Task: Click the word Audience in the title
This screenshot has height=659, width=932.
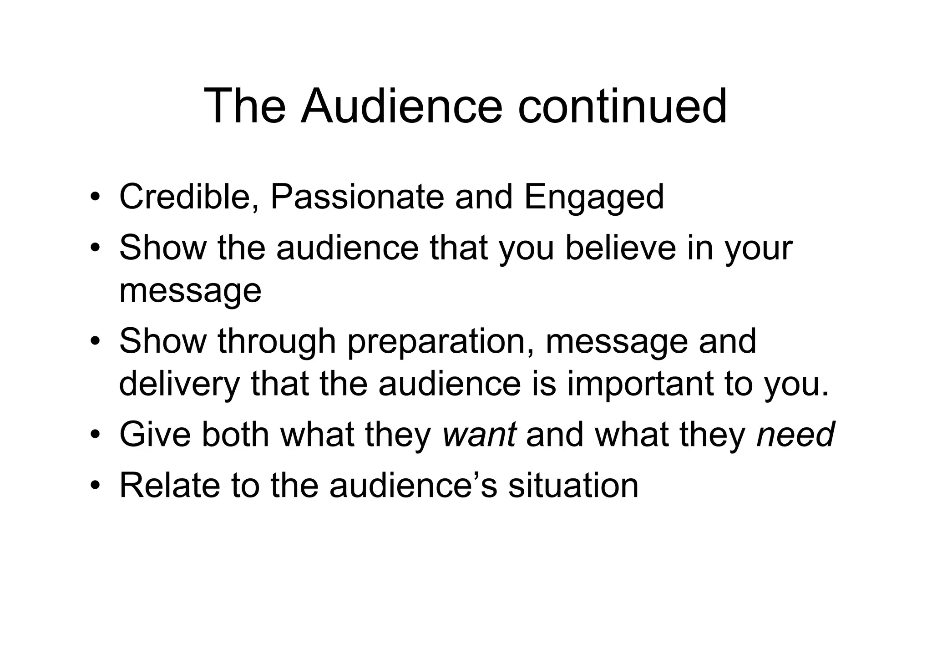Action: click(401, 107)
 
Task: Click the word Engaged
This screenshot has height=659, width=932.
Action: click(593, 198)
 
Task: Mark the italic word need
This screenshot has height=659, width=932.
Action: click(795, 435)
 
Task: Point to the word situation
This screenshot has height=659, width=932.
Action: click(573, 485)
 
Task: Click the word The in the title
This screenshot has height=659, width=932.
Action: click(244, 107)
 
